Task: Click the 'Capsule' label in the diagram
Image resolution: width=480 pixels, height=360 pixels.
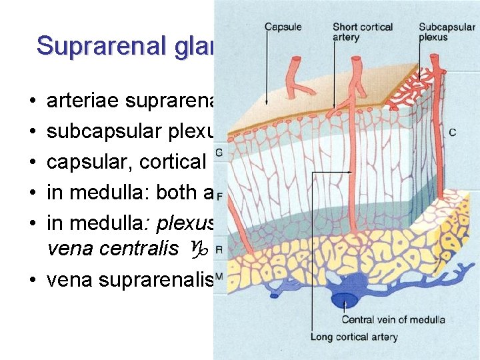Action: [283, 27]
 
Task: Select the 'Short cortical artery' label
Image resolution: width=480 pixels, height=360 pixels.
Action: [363, 32]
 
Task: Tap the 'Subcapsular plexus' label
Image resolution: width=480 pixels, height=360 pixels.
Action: [442, 32]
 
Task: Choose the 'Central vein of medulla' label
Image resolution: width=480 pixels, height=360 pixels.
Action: [393, 320]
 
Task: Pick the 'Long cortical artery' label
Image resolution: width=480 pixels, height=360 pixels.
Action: [355, 337]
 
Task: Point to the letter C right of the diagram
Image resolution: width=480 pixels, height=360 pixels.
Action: [453, 133]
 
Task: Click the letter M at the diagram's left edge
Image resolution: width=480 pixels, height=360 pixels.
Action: [219, 280]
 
